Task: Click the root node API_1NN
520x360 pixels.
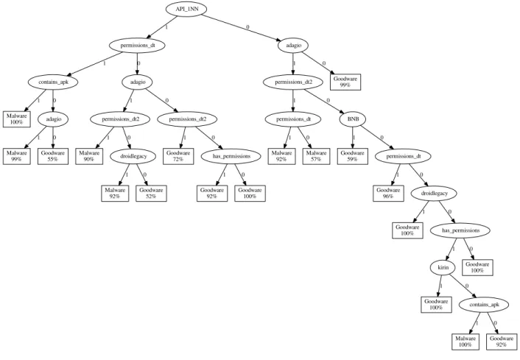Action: (186, 9)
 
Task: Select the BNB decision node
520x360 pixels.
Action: (352, 119)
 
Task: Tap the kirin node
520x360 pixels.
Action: (443, 267)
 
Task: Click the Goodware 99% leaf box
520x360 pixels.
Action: (345, 82)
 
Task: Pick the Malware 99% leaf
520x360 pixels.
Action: (17, 156)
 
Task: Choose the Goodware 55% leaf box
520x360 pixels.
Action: (53, 156)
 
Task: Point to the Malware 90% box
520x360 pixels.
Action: (89, 156)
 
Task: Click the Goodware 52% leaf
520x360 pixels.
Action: (151, 194)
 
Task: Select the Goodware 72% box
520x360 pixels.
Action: (178, 156)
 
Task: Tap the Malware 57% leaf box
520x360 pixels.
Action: (316, 156)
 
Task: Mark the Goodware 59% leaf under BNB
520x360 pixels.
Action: (353, 156)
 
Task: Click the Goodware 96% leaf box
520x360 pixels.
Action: (388, 194)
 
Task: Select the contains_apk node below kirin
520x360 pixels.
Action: (484, 305)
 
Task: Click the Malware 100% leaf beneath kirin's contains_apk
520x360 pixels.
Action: (465, 342)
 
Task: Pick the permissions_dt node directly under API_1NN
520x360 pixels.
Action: (137, 46)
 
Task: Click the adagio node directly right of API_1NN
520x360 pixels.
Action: (294, 46)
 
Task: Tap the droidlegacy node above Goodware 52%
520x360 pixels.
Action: (133, 156)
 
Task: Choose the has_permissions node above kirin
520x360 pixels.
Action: (460, 230)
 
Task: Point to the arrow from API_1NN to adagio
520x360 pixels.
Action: (242, 27)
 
